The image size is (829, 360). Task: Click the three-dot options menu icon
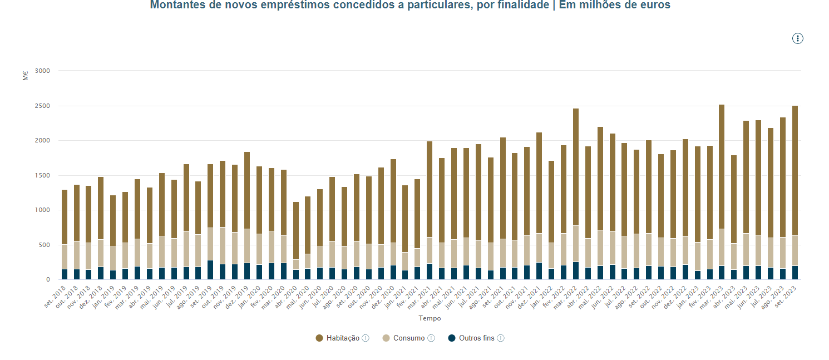798,38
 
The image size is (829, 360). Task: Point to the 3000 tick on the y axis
42,71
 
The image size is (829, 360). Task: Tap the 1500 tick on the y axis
42,175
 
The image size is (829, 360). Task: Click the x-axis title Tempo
430,318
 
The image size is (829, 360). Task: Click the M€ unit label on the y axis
26,76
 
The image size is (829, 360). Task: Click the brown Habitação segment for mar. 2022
576,167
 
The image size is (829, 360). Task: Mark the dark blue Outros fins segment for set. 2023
795,273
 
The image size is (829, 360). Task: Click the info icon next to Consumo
431,338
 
